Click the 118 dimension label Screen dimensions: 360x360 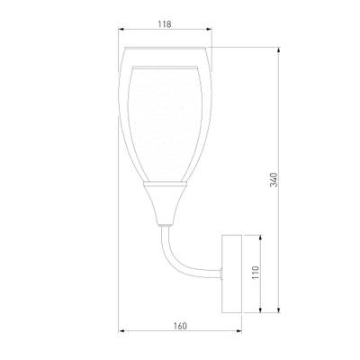tap(165, 24)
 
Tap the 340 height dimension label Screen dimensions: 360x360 tap(274, 180)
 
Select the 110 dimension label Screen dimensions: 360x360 tap(256, 273)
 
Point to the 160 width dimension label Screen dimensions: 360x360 tap(180, 326)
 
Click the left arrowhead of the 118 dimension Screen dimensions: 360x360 tap(121, 29)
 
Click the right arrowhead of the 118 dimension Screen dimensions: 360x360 tap(209, 29)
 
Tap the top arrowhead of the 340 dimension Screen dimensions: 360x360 tap(279, 50)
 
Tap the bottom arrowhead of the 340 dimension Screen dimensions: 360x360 tap(279, 310)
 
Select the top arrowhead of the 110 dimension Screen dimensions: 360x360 tap(260, 238)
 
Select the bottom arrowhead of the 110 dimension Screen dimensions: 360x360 tap(260, 310)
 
